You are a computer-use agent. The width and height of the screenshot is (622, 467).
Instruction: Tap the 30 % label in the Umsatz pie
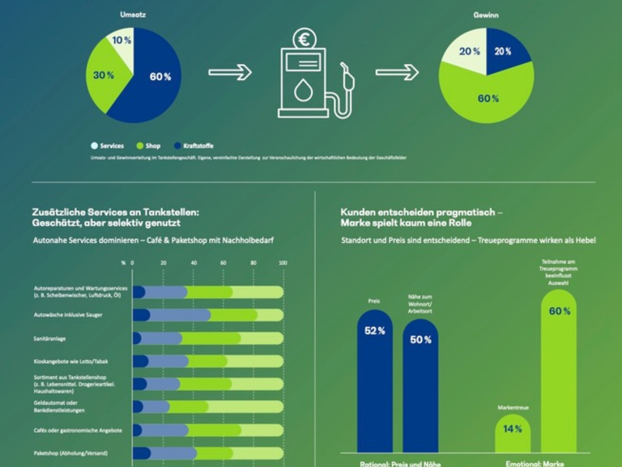coord(104,75)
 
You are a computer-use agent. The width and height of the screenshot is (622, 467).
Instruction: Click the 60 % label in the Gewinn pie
coord(487,100)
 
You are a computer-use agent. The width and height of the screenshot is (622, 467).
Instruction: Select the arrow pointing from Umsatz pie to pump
coord(230,72)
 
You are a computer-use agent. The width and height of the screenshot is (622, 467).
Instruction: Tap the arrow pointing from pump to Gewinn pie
coord(397,72)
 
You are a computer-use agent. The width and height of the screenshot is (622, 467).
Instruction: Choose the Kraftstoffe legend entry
coord(195,146)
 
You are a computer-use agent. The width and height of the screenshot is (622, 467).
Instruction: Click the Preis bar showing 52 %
coord(375,381)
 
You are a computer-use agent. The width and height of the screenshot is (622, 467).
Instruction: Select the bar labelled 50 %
coord(421,385)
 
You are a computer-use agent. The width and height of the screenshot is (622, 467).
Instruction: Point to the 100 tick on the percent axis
coord(283,263)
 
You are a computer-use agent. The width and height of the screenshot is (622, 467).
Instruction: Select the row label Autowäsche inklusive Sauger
coord(68,315)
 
